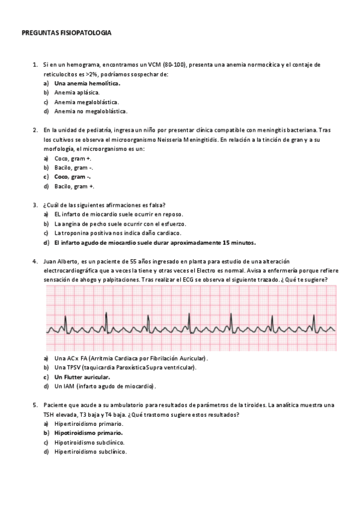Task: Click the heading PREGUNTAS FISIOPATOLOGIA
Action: (x=66, y=34)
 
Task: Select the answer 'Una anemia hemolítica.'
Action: (x=87, y=83)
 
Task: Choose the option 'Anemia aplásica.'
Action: (x=77, y=93)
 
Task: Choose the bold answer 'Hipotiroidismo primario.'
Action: (x=88, y=432)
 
